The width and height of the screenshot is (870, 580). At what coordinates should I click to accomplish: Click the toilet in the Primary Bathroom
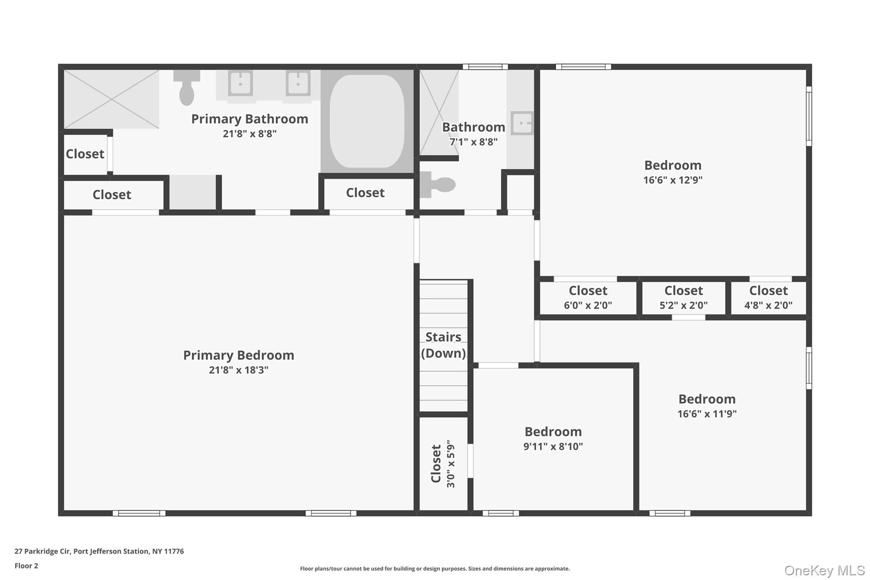coord(186,88)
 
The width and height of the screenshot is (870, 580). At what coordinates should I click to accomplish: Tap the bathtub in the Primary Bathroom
coord(367,121)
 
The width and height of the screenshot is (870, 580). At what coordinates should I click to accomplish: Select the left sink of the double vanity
coord(240,83)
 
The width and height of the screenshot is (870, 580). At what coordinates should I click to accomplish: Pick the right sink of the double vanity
coord(298,83)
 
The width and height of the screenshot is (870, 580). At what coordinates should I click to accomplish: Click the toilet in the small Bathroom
coord(438,185)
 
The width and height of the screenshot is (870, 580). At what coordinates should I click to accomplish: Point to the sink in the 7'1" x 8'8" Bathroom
coord(522,123)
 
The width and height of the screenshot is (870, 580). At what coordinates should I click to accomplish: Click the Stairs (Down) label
coord(443,345)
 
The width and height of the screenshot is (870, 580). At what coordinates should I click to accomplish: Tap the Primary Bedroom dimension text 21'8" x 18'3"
coord(239,370)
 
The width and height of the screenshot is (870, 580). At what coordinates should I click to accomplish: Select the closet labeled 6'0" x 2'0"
coord(588,297)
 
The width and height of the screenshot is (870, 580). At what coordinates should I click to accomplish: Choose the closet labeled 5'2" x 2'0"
coord(684,297)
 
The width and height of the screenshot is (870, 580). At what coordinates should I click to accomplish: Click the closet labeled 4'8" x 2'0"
coord(768,297)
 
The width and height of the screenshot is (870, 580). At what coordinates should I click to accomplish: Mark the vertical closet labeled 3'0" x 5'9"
coord(443,464)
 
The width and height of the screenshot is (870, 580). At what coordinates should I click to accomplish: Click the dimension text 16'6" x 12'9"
coord(673,180)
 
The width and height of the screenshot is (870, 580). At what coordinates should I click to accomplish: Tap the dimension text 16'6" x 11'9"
coord(707,414)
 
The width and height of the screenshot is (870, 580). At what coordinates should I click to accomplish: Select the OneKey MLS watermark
coord(825,570)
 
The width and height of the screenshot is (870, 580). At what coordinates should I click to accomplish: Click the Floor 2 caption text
coord(26,566)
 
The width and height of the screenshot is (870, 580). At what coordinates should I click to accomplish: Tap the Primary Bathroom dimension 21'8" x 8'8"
coord(250,134)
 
